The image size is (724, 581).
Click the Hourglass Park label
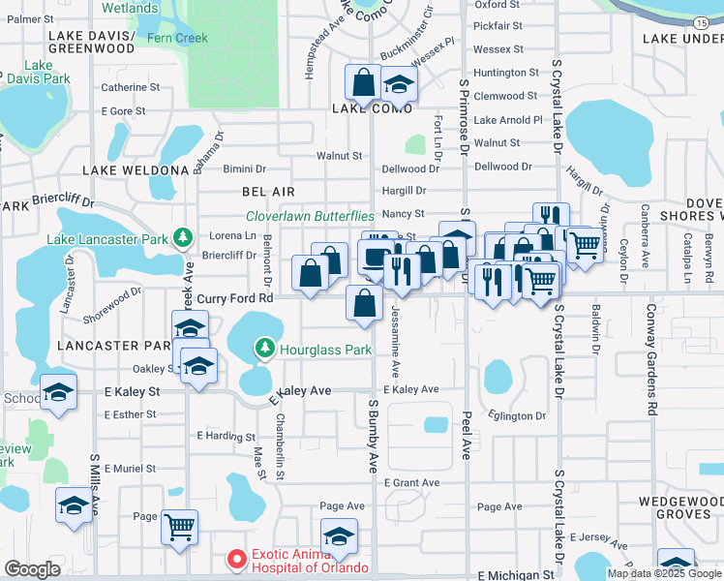pyautogui.click(x=326, y=349)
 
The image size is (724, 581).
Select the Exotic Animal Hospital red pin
pyautogui.click(x=235, y=559)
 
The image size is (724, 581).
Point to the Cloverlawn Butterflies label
pyautogui.click(x=310, y=216)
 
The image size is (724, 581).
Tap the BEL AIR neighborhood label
pyautogui.click(x=268, y=193)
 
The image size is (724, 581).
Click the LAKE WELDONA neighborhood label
pyautogui.click(x=136, y=170)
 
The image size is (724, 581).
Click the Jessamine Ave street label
pyautogui.click(x=395, y=344)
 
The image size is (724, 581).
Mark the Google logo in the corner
pyautogui.click(x=32, y=569)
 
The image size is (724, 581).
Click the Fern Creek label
pyautogui.click(x=177, y=38)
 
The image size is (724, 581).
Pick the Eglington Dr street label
pyautogui.click(x=518, y=416)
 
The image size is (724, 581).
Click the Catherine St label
pyautogui.click(x=131, y=87)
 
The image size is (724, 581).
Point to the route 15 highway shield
pyautogui.click(x=700, y=20)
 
